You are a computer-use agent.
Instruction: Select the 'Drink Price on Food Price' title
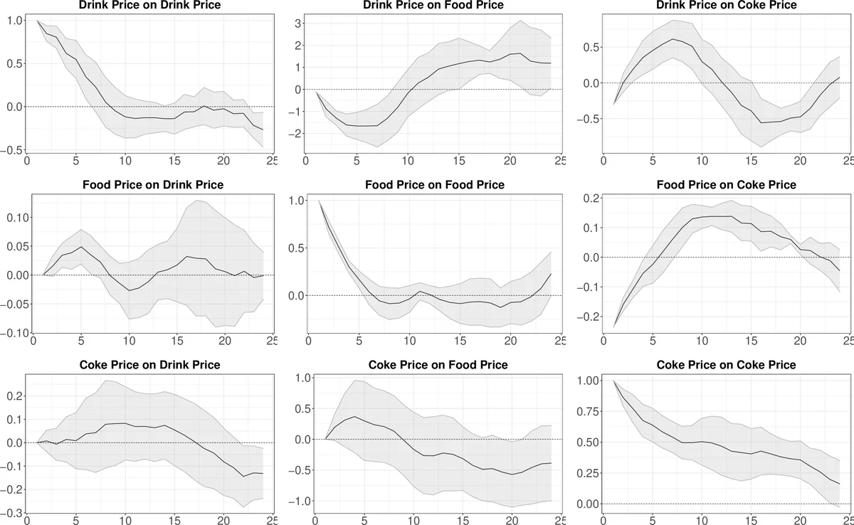coord(433,5)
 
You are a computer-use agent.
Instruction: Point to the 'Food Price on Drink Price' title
coord(153,185)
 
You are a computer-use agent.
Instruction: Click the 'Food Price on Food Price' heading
coord(434,185)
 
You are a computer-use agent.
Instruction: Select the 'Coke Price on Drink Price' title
coord(150,365)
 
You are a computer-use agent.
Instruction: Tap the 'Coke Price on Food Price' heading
coord(438,365)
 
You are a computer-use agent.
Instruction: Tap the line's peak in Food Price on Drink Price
coord(82,247)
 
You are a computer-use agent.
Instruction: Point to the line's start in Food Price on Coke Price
coord(613,328)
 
